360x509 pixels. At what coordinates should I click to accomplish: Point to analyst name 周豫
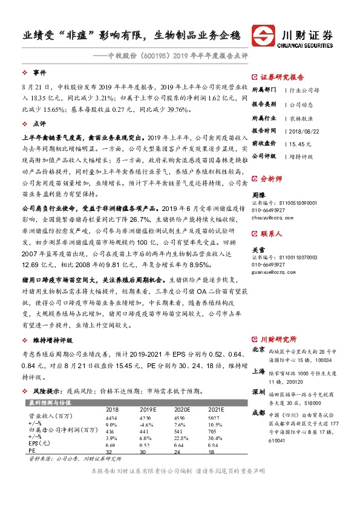click(x=259, y=195)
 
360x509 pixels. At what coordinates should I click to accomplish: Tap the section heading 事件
click(x=39, y=72)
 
